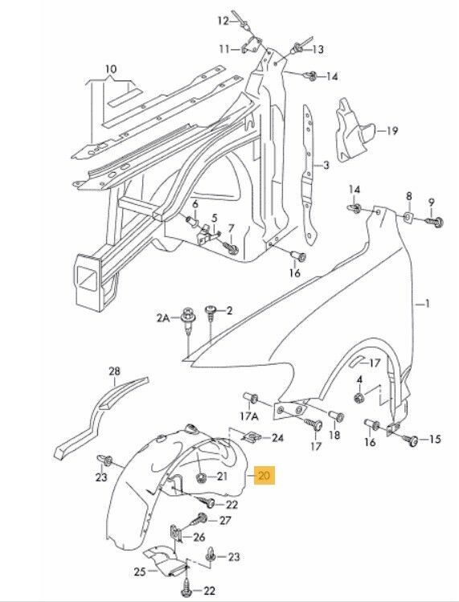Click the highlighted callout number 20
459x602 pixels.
click(264, 476)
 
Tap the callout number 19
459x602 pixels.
click(391, 131)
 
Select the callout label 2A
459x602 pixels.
click(163, 318)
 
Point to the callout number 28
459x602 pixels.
click(114, 371)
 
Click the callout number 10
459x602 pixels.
click(111, 69)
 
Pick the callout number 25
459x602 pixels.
click(140, 571)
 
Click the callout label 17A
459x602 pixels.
click(249, 416)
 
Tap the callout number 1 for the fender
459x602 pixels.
click(427, 304)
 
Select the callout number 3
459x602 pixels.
click(326, 166)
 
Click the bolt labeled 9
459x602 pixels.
click(435, 222)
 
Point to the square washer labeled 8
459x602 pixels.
click(408, 218)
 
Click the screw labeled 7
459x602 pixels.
click(232, 248)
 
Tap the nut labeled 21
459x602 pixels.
click(200, 478)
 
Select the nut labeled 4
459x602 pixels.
click(359, 398)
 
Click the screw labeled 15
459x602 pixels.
click(410, 439)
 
